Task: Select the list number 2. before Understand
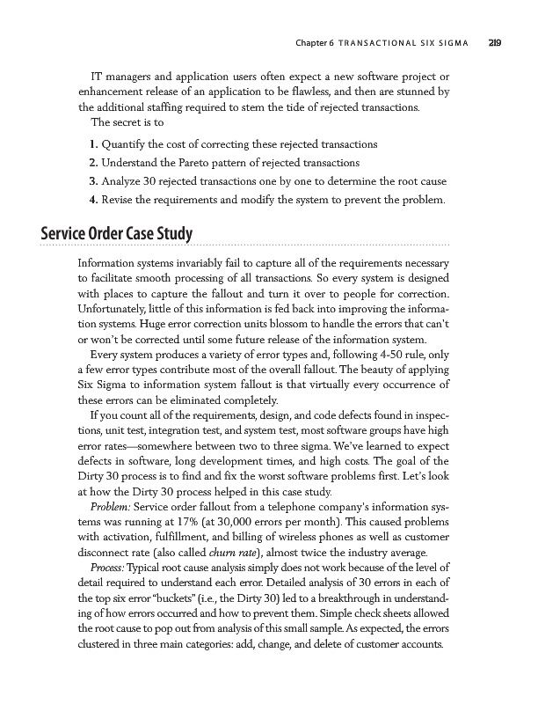tap(94, 163)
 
